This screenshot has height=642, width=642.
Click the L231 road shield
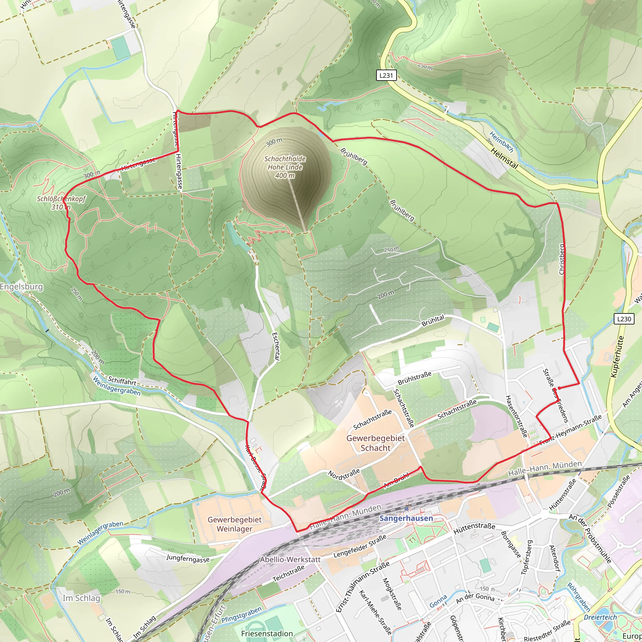[x=386, y=76]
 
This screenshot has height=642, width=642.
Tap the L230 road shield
[x=624, y=319]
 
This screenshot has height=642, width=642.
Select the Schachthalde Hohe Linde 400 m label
[x=285, y=167]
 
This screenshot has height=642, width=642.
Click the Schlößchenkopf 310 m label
[x=61, y=203]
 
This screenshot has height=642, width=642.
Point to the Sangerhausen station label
[x=406, y=518]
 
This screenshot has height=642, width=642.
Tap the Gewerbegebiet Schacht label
[x=376, y=443]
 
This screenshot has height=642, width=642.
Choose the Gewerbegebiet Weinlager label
[x=234, y=524]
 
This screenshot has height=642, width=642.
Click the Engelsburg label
[x=22, y=287]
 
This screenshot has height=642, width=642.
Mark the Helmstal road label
[x=504, y=159]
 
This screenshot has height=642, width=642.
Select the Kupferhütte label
[x=618, y=356]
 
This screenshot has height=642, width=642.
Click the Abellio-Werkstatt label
[x=290, y=560]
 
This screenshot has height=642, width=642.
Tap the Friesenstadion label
[x=267, y=633]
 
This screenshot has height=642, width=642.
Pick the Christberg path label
[x=561, y=260]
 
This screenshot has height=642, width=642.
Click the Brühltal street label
[x=433, y=321]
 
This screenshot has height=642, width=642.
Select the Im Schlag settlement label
[x=81, y=598]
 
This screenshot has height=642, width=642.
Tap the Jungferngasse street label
[x=188, y=559]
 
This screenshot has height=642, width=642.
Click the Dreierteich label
[x=600, y=617]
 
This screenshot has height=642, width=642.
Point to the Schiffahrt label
[x=122, y=381]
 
